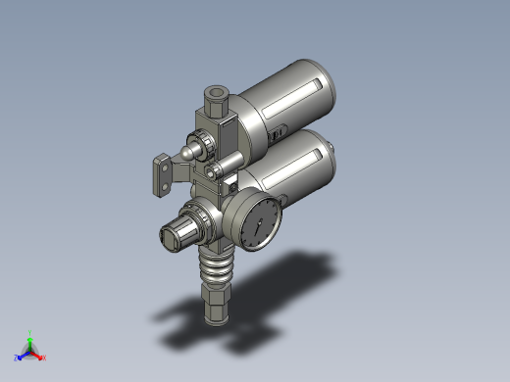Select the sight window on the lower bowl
[291, 166]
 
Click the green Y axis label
[32, 332]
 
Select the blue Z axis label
[17, 358]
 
